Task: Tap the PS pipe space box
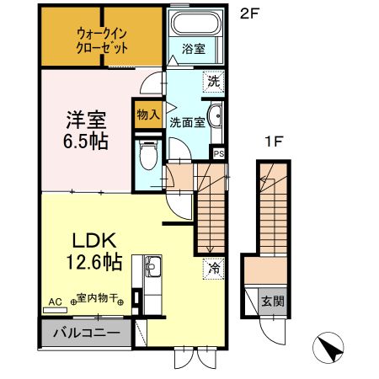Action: tap(218, 153)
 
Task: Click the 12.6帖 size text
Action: tap(93, 262)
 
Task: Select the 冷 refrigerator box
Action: tap(215, 270)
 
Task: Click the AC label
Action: tap(56, 301)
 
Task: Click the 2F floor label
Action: tap(247, 14)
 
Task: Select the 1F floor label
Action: tap(272, 142)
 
